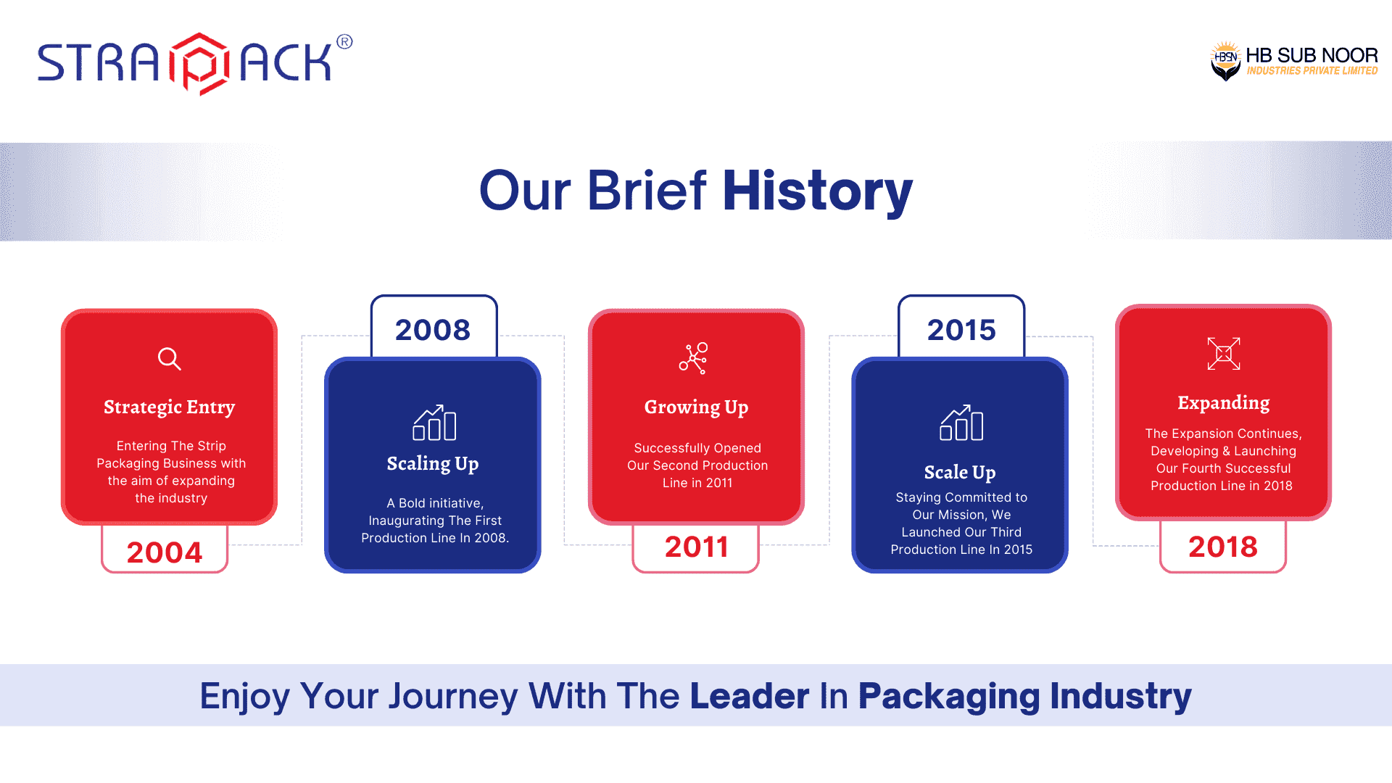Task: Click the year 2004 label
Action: click(x=165, y=552)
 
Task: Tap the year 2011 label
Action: click(x=697, y=547)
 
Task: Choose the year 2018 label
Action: click(x=1223, y=547)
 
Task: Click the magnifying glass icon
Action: click(x=170, y=359)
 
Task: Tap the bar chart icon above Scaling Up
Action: click(x=434, y=423)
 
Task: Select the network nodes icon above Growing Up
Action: click(x=694, y=358)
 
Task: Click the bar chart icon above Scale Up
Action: click(x=961, y=423)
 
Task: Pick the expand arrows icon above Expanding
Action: click(x=1224, y=354)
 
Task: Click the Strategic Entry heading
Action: click(x=170, y=407)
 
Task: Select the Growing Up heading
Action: click(x=696, y=407)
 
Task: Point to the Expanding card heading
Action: click(x=1224, y=403)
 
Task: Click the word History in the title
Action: click(x=818, y=191)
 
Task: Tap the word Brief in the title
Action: click(x=647, y=191)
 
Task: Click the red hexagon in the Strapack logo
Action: click(x=200, y=64)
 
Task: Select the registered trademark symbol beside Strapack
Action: click(x=345, y=42)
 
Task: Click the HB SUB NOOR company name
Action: click(x=1312, y=55)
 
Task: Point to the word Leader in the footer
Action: click(x=750, y=696)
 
